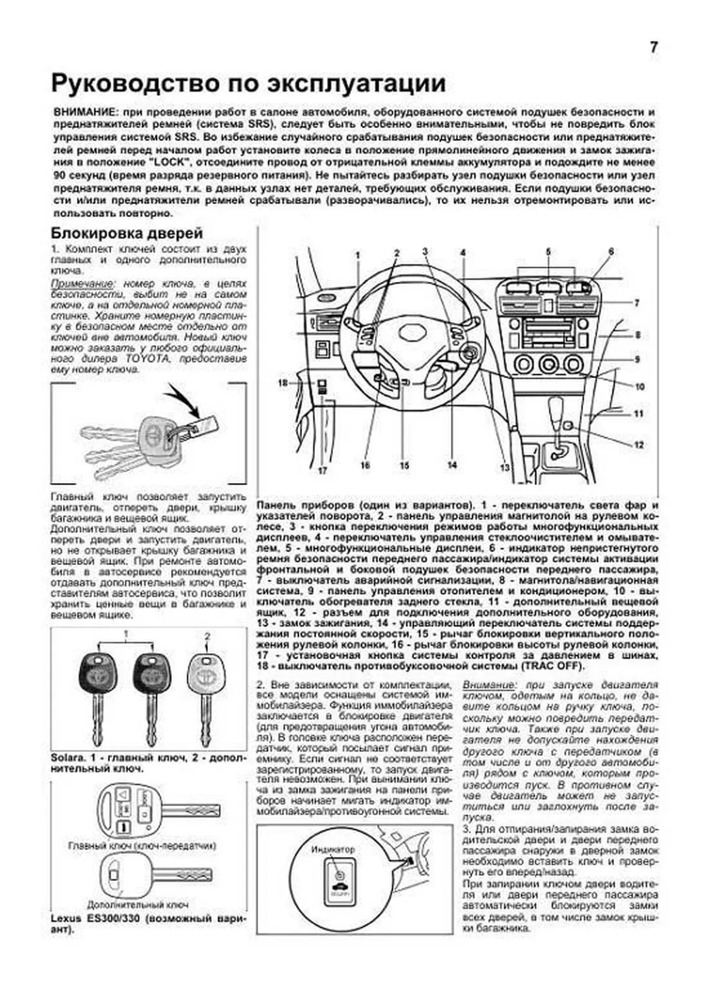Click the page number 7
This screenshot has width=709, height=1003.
point(653,47)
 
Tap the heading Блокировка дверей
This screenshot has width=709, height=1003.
point(127,233)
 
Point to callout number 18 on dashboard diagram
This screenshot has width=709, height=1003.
point(282,384)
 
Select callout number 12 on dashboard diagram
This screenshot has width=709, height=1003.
point(639,444)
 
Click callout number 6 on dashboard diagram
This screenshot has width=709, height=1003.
point(611,252)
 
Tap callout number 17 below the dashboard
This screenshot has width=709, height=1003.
point(323,471)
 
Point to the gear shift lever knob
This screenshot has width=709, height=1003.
point(557,408)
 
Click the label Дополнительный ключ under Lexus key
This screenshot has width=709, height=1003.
point(138,904)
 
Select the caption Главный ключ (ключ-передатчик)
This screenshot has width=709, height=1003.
point(142,846)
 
